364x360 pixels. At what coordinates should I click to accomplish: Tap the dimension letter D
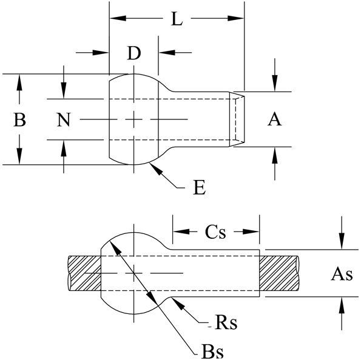pyautogui.click(x=134, y=53)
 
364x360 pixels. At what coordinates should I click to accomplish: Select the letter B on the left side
pyautogui.click(x=19, y=120)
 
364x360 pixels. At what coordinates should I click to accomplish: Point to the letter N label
pyautogui.click(x=64, y=120)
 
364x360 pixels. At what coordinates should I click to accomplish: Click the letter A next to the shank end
pyautogui.click(x=275, y=120)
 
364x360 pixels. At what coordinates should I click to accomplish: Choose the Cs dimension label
pyautogui.click(x=216, y=232)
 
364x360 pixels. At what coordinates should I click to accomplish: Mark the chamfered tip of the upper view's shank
pyautogui.click(x=239, y=119)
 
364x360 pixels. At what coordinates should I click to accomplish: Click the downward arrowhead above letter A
pyautogui.click(x=275, y=87)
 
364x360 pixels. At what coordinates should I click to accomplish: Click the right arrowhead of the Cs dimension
pyautogui.click(x=255, y=232)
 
